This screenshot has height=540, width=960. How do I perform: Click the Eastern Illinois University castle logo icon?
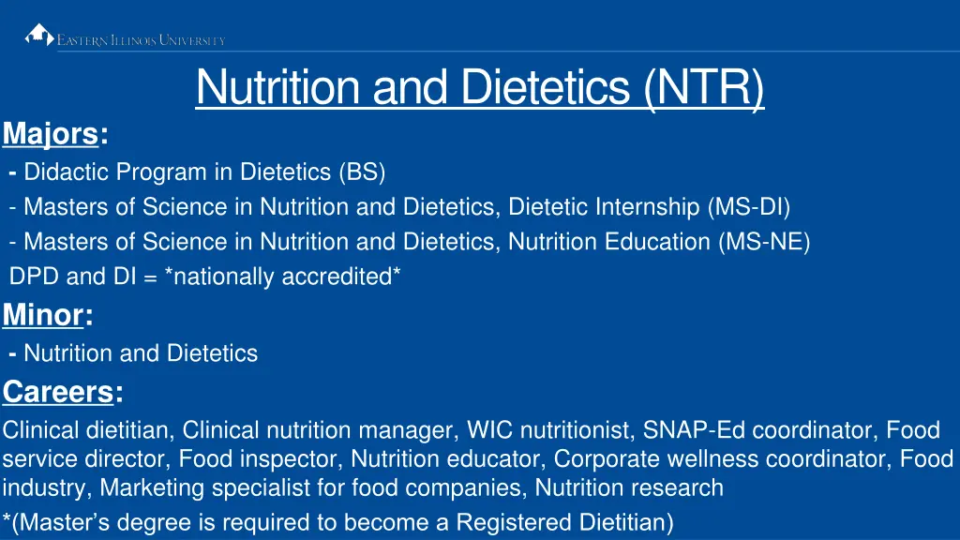pyautogui.click(x=39, y=35)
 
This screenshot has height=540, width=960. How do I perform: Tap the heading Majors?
pyautogui.click(x=51, y=135)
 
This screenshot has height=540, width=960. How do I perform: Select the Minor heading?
pyautogui.click(x=43, y=315)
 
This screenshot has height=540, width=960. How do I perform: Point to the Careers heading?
pyautogui.click(x=58, y=391)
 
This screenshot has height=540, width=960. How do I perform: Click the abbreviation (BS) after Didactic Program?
pyautogui.click(x=362, y=172)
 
